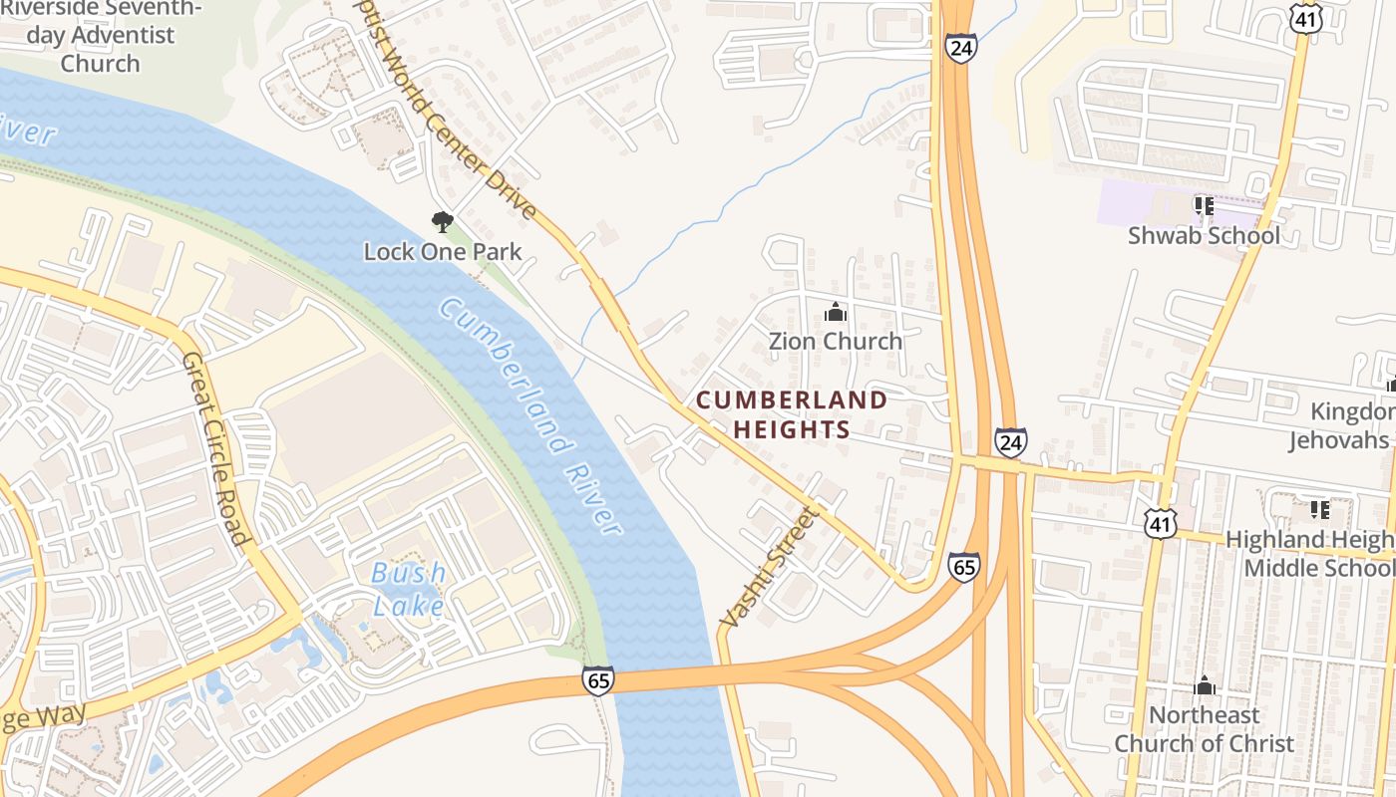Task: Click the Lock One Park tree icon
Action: (x=442, y=221)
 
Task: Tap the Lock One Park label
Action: (x=442, y=251)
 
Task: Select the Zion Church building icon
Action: (x=835, y=313)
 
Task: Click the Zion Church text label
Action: (x=835, y=341)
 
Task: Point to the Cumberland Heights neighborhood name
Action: (x=791, y=414)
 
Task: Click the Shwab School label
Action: (x=1204, y=236)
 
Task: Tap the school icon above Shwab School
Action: (x=1204, y=206)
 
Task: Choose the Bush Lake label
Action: (x=408, y=588)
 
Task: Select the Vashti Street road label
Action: (x=768, y=568)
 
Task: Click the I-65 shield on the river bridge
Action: (x=597, y=680)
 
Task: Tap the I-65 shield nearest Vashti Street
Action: (x=963, y=567)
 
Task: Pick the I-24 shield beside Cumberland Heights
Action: (x=1010, y=441)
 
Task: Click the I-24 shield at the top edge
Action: (x=961, y=48)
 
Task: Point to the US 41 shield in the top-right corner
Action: (x=1305, y=17)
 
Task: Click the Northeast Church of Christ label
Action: (x=1204, y=729)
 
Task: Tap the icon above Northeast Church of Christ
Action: (x=1205, y=685)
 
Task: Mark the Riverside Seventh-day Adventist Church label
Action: (x=100, y=36)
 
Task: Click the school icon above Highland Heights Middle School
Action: (x=1319, y=510)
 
